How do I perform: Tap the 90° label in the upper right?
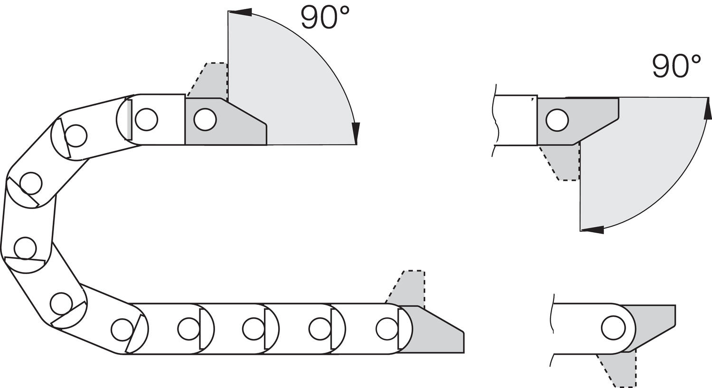pos(676,66)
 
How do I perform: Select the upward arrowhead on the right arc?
pos(708,108)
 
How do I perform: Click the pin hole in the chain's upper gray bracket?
pos(205,119)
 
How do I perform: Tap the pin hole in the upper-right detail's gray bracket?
pos(557,120)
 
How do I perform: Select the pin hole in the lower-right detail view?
pos(613,328)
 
